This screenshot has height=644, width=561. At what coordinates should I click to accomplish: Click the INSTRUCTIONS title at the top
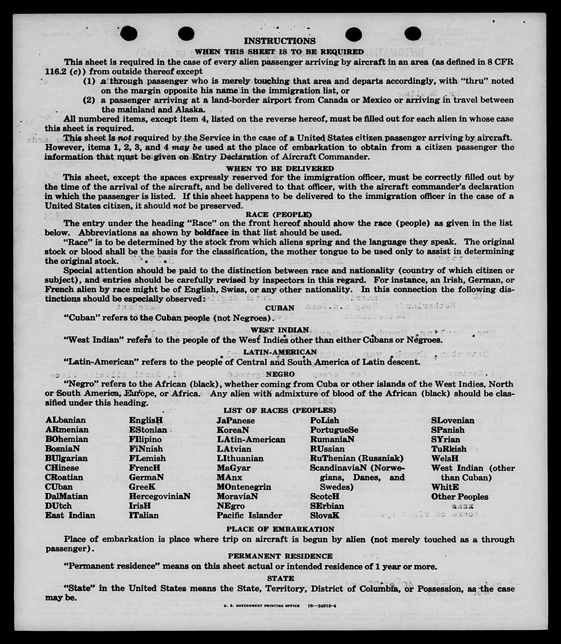point(279,41)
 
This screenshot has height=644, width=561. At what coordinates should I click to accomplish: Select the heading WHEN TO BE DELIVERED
point(280,168)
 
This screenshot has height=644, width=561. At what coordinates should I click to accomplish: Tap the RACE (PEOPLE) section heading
point(279,214)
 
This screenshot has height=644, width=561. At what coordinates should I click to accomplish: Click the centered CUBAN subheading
point(279,308)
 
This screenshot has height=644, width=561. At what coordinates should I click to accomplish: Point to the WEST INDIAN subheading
point(279,330)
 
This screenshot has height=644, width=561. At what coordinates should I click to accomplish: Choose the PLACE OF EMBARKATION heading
point(280,529)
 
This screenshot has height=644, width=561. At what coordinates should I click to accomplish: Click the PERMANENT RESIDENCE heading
point(280,556)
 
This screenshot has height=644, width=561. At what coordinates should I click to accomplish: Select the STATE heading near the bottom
point(280,578)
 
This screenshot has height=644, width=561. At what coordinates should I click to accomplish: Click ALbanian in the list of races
point(66,420)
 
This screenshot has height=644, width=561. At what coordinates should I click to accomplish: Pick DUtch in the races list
point(58,506)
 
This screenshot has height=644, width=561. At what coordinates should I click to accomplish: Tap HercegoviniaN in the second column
point(160,496)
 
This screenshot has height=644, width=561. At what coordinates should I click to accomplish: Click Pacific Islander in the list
point(249,515)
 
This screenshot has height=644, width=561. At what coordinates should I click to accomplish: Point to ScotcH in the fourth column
point(324,496)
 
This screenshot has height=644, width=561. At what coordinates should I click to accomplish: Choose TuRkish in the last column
point(449,449)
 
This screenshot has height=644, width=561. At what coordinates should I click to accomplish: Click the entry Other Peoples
point(459,497)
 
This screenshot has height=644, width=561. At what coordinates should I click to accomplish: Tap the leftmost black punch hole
point(128,33)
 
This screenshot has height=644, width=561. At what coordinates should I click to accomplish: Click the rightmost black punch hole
point(412,33)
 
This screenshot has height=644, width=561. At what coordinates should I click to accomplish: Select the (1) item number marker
point(89,81)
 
